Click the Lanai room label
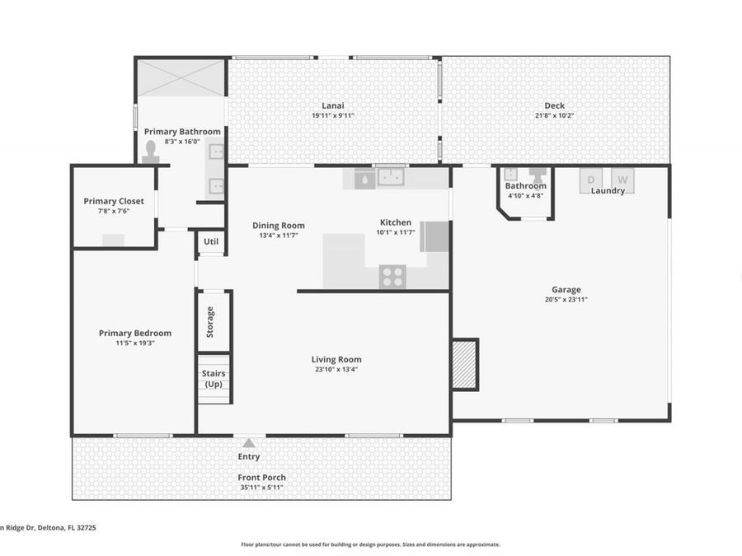(332, 105)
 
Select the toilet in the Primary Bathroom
(150, 151)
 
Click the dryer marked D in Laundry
(591, 180)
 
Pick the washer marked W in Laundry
(622, 180)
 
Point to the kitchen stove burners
(392, 277)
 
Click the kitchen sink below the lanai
(389, 177)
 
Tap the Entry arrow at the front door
(249, 443)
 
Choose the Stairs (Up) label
(214, 379)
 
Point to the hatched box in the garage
(465, 364)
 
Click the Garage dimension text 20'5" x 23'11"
(566, 300)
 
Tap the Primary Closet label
(114, 201)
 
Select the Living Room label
(336, 359)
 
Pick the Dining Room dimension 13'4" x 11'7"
(278, 236)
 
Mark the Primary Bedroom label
(135, 333)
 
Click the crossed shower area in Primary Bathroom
(181, 77)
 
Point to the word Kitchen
(395, 222)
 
